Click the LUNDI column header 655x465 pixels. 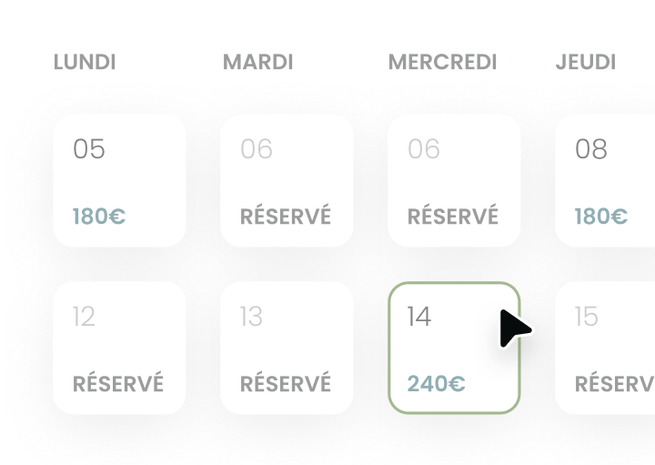click(x=85, y=63)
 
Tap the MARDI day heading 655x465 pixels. click(x=258, y=63)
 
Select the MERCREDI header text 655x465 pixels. click(x=443, y=63)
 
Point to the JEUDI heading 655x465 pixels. click(x=586, y=63)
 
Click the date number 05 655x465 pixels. click(x=89, y=149)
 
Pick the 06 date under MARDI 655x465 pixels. click(x=257, y=149)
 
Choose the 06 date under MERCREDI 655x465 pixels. click(x=424, y=149)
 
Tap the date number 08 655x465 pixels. click(x=591, y=149)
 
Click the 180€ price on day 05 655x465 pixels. click(x=99, y=217)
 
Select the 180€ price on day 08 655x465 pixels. click(x=601, y=217)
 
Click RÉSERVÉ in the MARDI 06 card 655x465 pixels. click(x=286, y=217)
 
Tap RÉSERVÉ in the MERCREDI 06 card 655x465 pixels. click(x=453, y=217)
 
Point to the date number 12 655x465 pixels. click(x=84, y=317)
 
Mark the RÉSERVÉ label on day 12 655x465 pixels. click(x=118, y=383)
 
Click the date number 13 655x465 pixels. click(x=251, y=317)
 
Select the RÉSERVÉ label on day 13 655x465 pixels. click(x=286, y=383)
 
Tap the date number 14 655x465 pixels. click(x=418, y=317)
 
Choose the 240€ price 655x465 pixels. click(x=436, y=383)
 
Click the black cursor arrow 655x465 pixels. click(x=514, y=329)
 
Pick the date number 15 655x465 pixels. click(x=587, y=317)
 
